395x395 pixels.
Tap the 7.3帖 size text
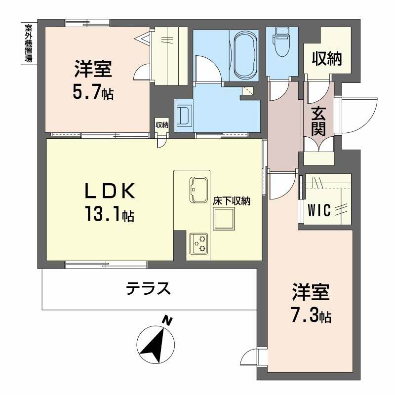click(310, 315)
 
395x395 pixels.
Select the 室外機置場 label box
click(28, 44)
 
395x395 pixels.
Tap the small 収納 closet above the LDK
click(162, 125)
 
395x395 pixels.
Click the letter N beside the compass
click(168, 321)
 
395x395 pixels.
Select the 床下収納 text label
click(232, 201)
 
